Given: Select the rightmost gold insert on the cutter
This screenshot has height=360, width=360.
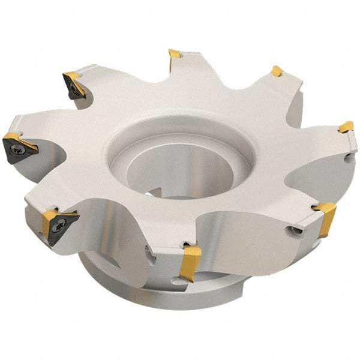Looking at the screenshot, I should pyautogui.click(x=346, y=127).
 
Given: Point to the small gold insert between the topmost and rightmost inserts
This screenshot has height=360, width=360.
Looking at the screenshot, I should pyautogui.click(x=277, y=71).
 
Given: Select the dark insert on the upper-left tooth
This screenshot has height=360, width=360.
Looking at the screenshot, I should pyautogui.click(x=74, y=85).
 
